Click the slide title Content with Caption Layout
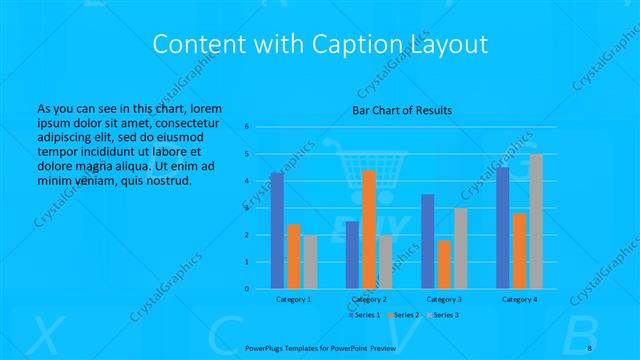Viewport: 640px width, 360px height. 319,44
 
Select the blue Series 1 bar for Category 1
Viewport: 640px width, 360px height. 277,230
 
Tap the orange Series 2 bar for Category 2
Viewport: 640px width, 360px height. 369,229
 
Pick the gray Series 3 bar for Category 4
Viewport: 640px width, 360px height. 536,221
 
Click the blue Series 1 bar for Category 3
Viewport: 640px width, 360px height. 428,241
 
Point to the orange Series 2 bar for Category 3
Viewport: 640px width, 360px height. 444,264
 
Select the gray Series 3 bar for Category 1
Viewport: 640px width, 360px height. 310,261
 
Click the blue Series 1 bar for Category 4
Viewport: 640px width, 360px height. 503,228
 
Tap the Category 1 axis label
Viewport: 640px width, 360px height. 293,299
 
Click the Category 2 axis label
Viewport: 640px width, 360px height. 369,299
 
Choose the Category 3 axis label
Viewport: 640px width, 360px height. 444,299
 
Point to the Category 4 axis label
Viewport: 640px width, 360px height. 519,299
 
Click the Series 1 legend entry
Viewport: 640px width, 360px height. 364,315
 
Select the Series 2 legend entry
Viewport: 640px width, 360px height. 403,315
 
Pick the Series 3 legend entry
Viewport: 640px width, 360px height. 443,315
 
